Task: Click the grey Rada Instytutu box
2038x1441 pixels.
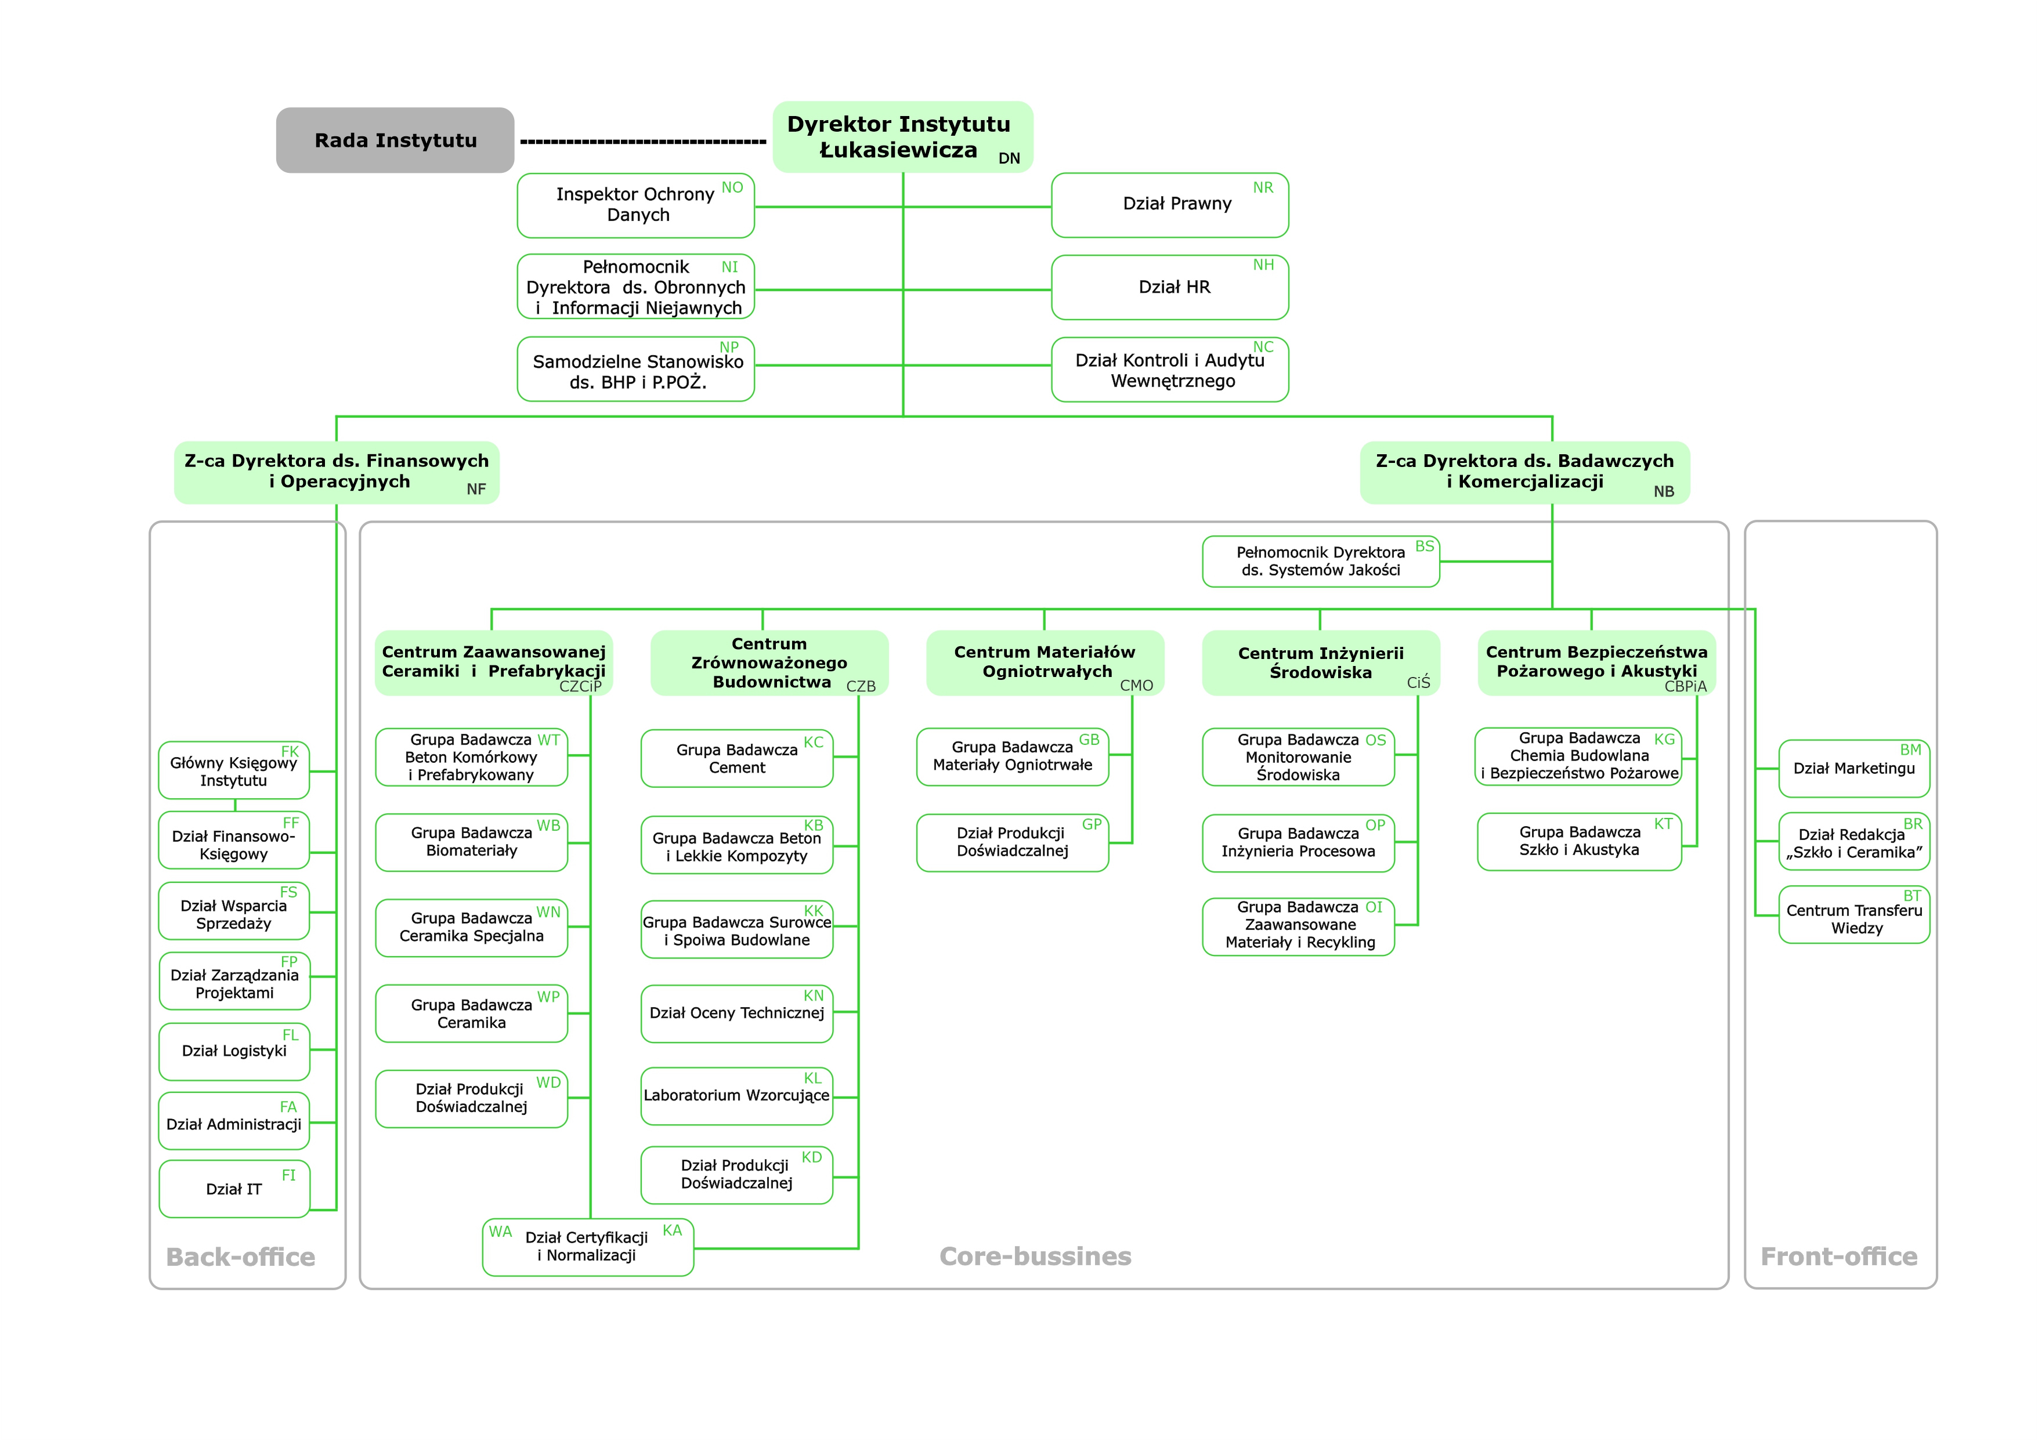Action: pos(395,140)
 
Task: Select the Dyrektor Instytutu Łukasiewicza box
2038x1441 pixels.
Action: pos(903,137)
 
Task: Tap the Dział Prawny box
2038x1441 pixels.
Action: pos(1170,205)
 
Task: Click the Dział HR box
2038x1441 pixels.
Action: pos(1170,288)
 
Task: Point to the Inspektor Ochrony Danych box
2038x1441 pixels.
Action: pos(635,205)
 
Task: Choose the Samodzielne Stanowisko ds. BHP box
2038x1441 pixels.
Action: pos(635,369)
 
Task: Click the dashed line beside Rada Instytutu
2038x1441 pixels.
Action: pos(642,141)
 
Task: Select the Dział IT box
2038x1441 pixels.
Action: pos(234,1189)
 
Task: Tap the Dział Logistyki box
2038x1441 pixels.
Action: pos(234,1052)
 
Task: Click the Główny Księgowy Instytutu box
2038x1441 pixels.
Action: pos(234,770)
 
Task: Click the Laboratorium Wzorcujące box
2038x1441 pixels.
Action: pos(737,1096)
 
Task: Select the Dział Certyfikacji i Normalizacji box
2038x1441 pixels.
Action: pos(588,1247)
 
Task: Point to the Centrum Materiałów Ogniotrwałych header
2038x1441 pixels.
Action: pos(1045,663)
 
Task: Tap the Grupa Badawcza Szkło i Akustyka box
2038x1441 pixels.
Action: pos(1579,841)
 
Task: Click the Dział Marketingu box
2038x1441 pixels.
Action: pos(1854,769)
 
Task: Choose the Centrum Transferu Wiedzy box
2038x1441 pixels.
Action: pos(1854,914)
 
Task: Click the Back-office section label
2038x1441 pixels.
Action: pos(241,1257)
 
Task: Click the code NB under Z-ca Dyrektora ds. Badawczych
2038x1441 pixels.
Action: pos(1664,491)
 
